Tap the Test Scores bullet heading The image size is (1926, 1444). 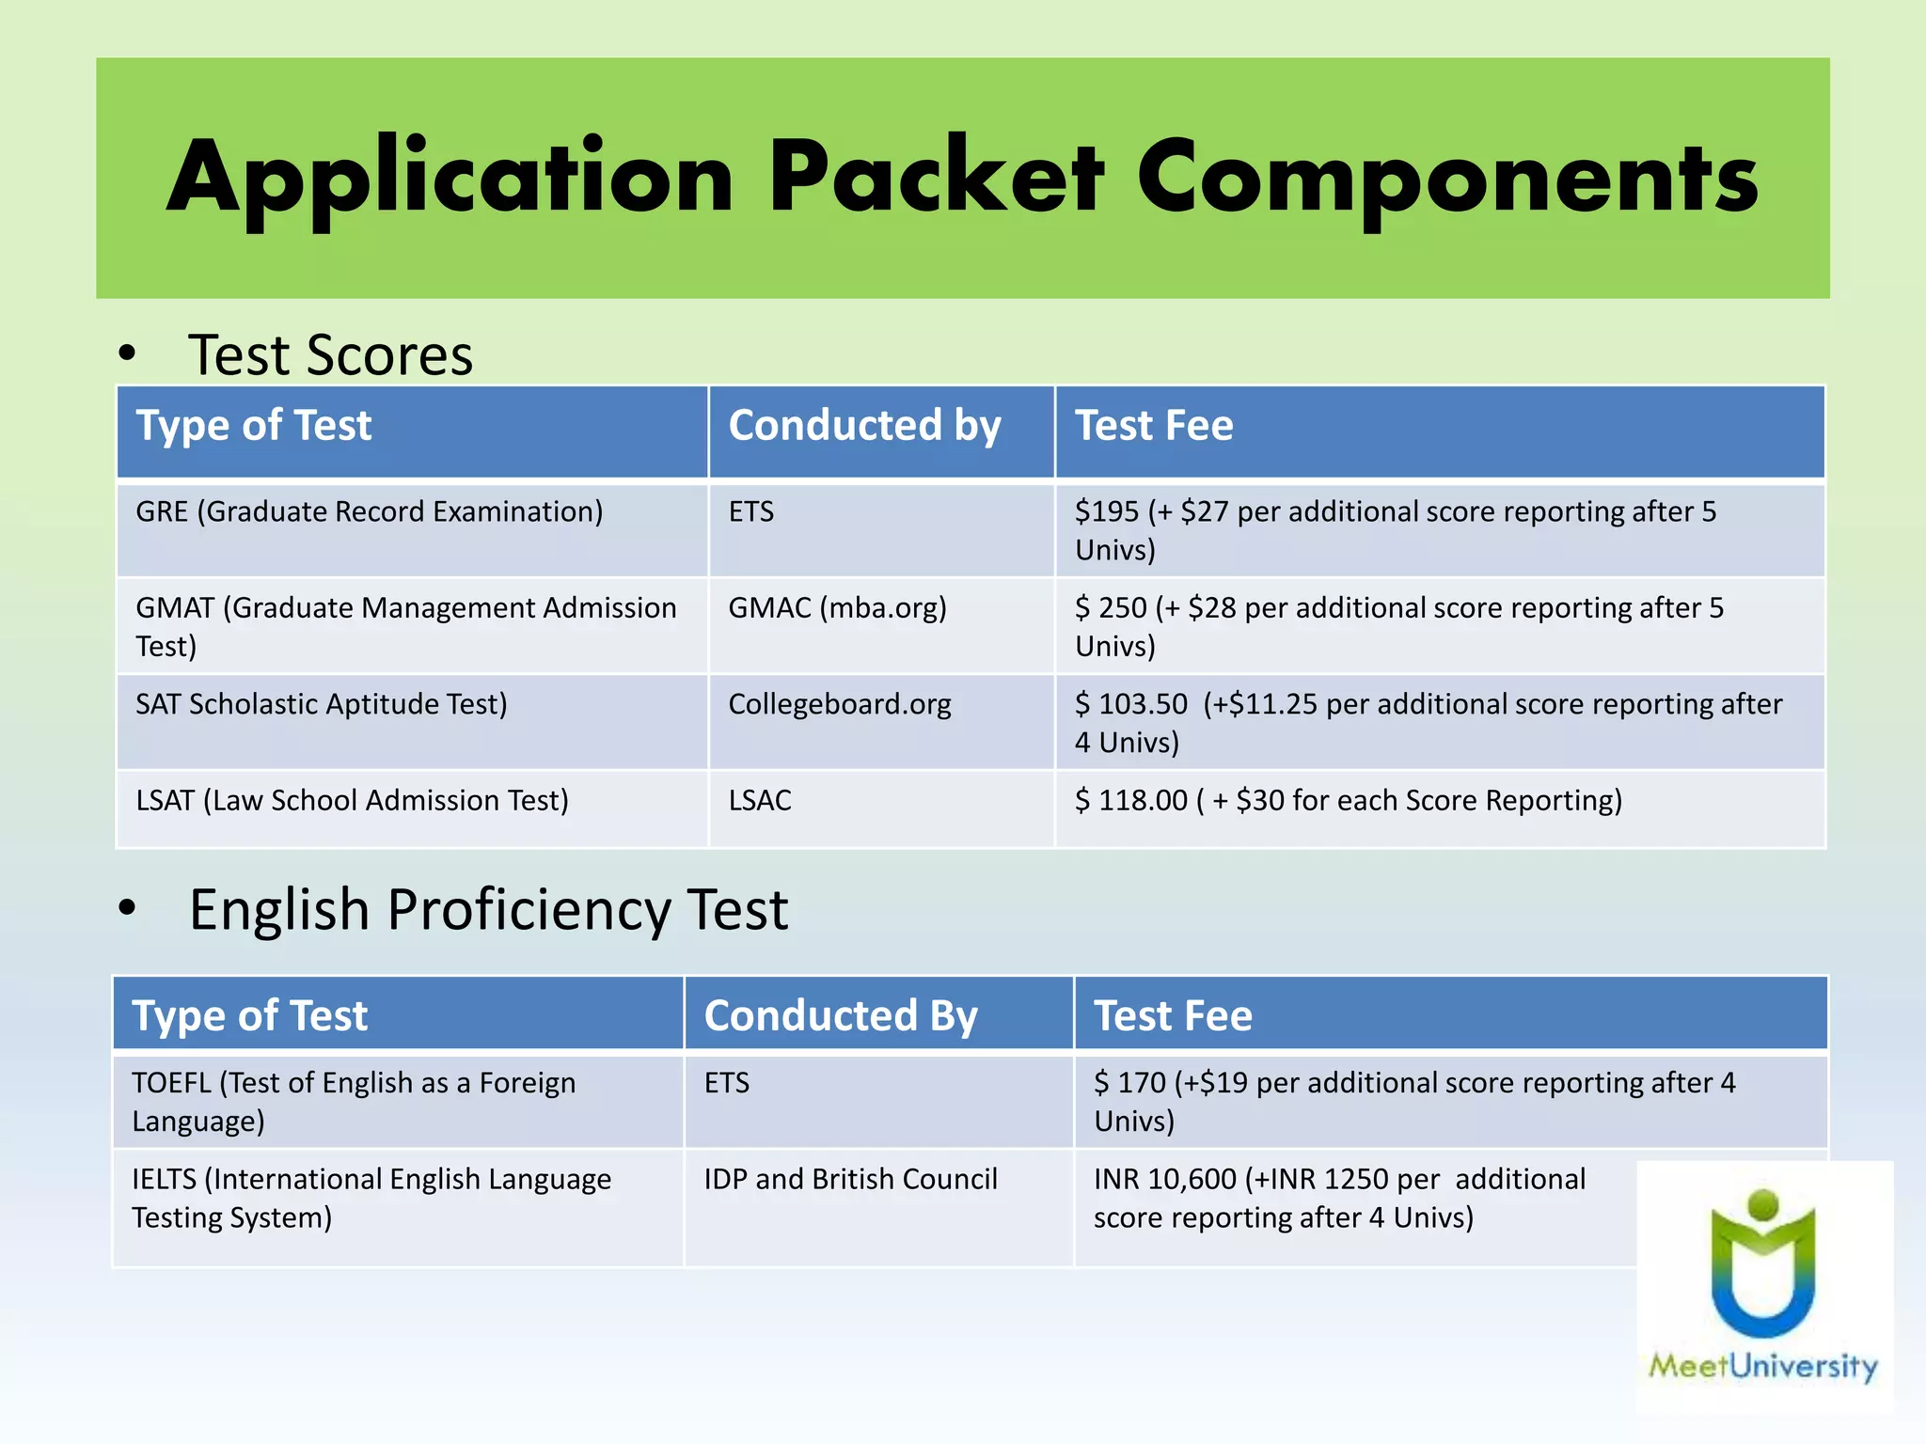tap(330, 355)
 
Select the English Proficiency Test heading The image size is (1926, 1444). tap(488, 910)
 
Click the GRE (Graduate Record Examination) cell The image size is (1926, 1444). tap(369, 511)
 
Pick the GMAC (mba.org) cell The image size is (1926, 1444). tap(837, 608)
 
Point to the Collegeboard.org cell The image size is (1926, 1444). tap(839, 704)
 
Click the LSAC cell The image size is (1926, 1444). tap(760, 800)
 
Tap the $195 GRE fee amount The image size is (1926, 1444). tap(1107, 511)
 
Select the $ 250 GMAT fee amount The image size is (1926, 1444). tap(1111, 608)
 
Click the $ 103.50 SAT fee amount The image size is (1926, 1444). tap(1131, 704)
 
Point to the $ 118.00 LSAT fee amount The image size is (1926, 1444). tap(1131, 800)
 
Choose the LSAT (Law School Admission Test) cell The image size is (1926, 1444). tap(352, 800)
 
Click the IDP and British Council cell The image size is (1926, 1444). tap(850, 1179)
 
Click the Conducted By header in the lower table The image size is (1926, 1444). tap(841, 1016)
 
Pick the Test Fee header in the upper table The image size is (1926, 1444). tap(1154, 426)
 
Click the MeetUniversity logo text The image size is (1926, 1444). tap(1762, 1365)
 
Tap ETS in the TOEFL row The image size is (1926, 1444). tap(727, 1083)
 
